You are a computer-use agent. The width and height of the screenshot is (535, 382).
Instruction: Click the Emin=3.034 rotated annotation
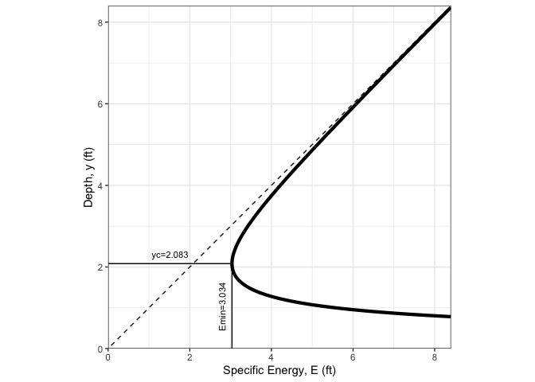223,306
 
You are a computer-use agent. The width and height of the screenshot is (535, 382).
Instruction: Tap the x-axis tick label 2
189,358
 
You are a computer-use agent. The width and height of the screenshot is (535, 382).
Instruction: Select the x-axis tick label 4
271,358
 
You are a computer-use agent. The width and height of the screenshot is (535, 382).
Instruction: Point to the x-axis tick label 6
353,358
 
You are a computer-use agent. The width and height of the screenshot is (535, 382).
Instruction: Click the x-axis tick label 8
435,358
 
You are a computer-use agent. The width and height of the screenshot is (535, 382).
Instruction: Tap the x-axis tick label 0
108,358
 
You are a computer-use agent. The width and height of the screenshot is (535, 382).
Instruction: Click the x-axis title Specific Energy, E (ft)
279,371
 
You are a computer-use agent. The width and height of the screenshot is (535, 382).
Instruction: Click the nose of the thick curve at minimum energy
232,263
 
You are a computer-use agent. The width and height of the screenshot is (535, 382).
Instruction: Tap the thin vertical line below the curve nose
232,318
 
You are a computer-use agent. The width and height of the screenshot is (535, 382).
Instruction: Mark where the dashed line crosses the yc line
193,263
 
